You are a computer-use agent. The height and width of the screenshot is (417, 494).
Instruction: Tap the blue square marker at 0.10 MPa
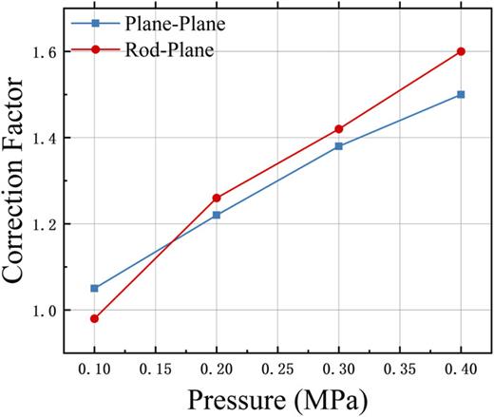[94, 288]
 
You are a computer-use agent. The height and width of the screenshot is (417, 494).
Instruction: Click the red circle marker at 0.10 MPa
[94, 318]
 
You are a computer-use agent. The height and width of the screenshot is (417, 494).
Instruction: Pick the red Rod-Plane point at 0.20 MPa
[217, 198]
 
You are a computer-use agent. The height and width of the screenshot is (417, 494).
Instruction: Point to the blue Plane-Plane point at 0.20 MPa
[217, 215]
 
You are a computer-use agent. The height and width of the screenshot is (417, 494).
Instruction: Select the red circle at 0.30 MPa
[339, 129]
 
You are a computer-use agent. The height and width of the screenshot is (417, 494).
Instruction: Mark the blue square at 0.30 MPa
[339, 146]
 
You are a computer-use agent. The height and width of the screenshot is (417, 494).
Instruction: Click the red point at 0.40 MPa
[462, 51]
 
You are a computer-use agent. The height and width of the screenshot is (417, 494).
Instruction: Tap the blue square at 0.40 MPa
[462, 94]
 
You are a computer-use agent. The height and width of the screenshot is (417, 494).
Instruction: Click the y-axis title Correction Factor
[21, 180]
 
